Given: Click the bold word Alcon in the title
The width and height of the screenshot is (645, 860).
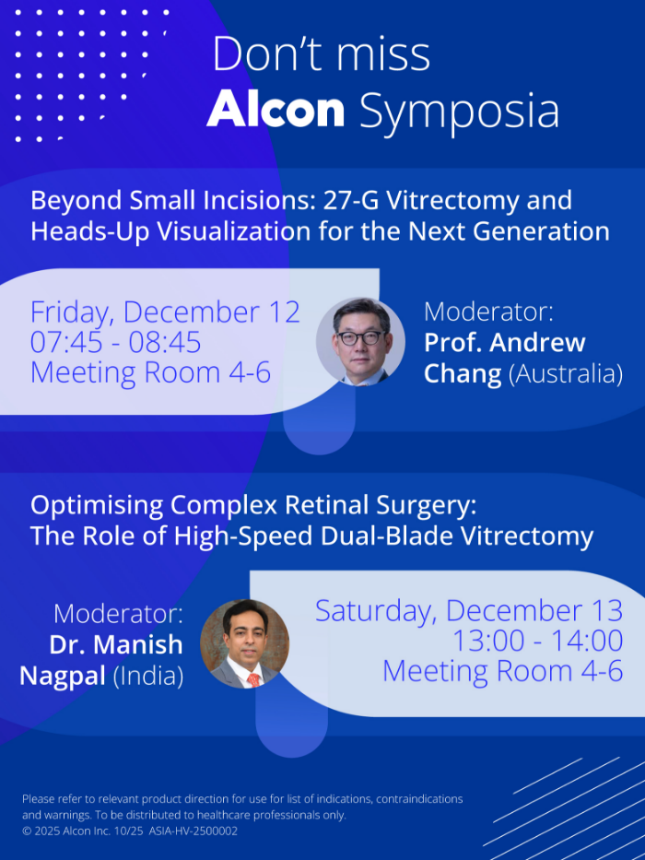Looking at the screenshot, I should pos(276,111).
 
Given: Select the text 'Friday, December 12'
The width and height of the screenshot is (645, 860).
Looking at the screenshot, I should pos(165,312).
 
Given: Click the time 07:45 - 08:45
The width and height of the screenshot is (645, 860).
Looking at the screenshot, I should pos(115,343).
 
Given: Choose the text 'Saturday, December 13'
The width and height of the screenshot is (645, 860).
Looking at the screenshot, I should pos(469,610).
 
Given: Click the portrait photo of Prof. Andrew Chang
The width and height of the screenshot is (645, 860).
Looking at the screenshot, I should pos(360,341).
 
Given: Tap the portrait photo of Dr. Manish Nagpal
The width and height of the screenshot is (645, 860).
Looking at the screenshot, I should pos(244,643).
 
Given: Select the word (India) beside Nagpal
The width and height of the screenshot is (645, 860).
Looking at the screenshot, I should pos(148,676).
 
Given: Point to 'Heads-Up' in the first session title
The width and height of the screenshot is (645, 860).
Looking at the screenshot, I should pos(88,230).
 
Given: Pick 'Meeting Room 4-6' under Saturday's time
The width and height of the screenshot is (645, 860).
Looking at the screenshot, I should pos(502,671).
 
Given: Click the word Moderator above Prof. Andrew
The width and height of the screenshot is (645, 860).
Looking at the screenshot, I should pos(487,312).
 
